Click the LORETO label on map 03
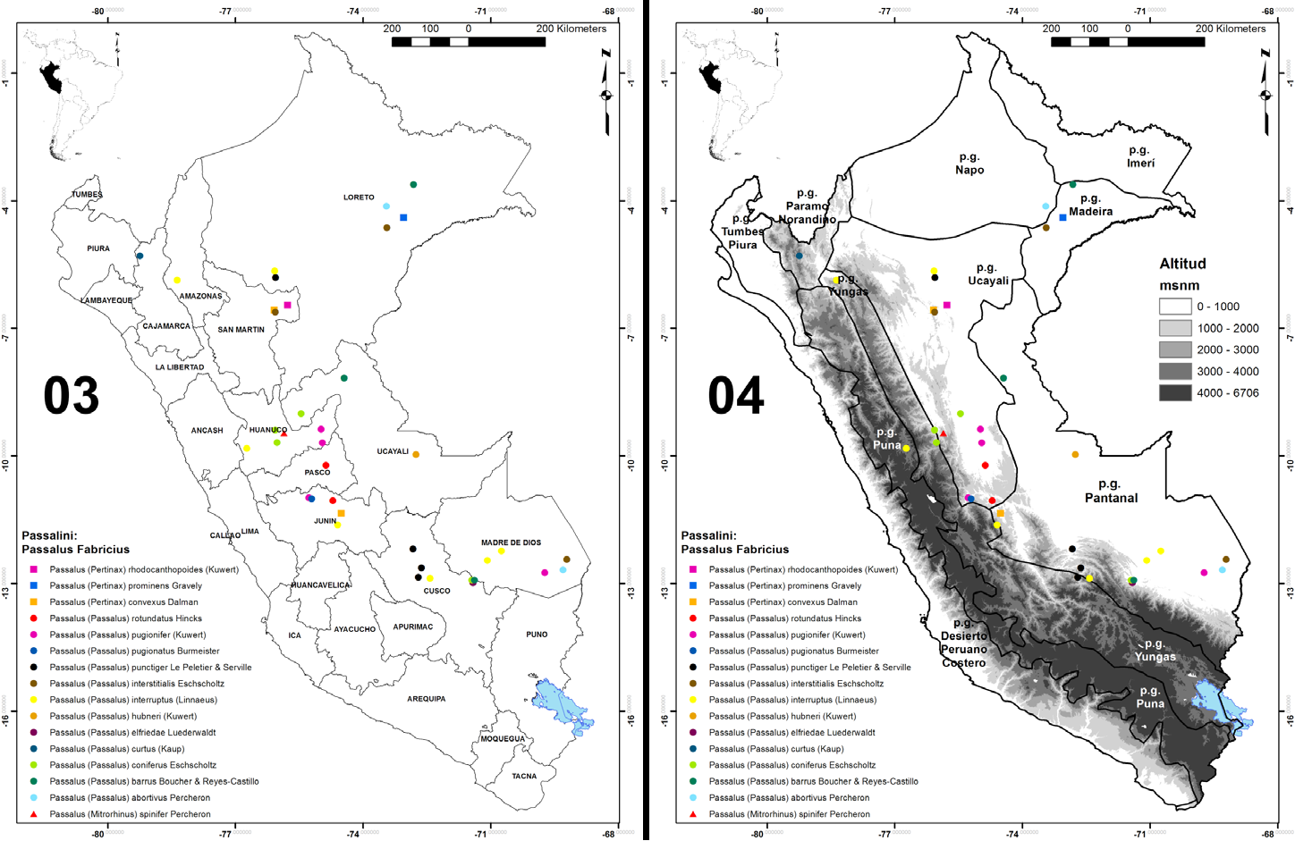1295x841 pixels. pos(359,198)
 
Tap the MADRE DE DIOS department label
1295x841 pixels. pos(511,542)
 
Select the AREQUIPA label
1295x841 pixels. pos(426,699)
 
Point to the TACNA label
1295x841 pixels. pos(524,776)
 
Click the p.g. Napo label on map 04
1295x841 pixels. pos(969,164)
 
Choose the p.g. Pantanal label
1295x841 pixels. pos(1111,491)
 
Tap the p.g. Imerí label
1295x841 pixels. pos(1139,156)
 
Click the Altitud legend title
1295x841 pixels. pos(1182,264)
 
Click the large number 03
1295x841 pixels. pos(71,396)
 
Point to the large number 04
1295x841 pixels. pos(736,396)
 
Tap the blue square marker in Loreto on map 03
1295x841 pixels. pos(403,217)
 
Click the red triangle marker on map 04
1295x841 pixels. pos(943,433)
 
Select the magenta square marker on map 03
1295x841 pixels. pos(287,306)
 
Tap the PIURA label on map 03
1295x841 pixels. pos(98,248)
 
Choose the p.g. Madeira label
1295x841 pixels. pos(1090,206)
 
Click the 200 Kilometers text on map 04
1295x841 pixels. pos(1231,29)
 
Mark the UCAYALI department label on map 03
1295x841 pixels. pos(393,451)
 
